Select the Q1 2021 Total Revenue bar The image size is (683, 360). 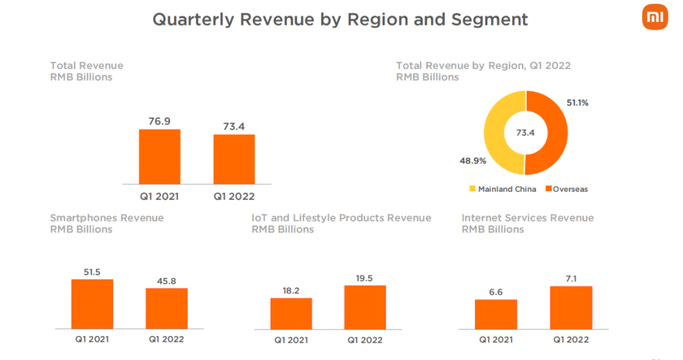pos(160,156)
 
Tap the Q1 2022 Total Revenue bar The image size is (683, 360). pos(234,159)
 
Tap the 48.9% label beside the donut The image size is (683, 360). pos(472,161)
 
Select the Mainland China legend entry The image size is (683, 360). pos(503,189)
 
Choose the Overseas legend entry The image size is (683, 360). pos(567,189)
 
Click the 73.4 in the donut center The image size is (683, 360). pos(525,133)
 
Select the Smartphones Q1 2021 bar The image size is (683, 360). pos(92,304)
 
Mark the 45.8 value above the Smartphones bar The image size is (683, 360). pos(166,280)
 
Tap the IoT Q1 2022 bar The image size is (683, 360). pos(365,307)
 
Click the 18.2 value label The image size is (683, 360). pos(291,290)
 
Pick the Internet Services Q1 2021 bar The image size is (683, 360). pos(496,314)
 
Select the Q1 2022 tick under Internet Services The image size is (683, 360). pos(571,340)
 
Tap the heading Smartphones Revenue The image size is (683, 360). pos(107,218)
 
